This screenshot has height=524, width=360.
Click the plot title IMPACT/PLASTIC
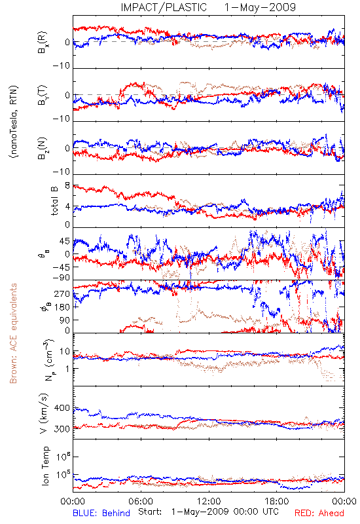point(164,7)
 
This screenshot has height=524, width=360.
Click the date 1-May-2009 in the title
point(260,7)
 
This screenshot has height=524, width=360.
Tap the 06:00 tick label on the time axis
point(141,501)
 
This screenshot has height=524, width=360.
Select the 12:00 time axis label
point(209,501)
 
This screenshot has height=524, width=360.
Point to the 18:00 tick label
point(277,501)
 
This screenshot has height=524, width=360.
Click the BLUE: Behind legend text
point(101,513)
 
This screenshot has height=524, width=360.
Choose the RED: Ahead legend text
point(319,513)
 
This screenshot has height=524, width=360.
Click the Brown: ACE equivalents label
point(13,333)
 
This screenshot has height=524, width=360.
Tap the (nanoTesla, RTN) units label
point(14,121)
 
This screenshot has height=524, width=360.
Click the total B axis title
point(54,201)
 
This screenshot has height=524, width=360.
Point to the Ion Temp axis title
point(45,466)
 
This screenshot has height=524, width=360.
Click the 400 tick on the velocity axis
point(62,408)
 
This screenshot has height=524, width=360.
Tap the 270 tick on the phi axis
point(62,294)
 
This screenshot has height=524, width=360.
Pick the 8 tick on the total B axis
point(67,185)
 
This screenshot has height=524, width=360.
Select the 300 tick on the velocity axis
point(62,429)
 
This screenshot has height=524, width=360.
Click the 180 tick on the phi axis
point(62,307)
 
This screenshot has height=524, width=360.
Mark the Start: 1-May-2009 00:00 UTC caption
point(209,512)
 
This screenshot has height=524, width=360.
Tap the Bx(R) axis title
point(43,43)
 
